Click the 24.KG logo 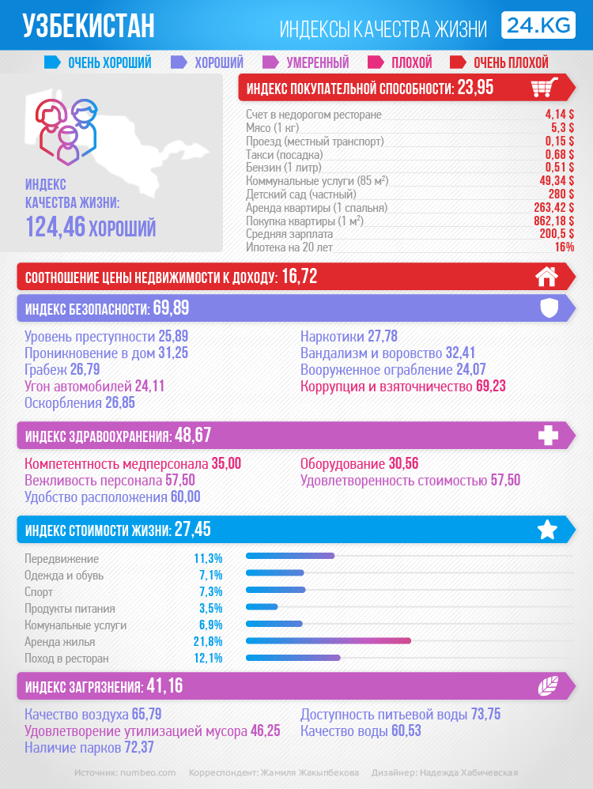click(538, 25)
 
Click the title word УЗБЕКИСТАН click(89, 27)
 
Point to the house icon click(546, 277)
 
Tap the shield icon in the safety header click(549, 308)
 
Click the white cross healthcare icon click(548, 436)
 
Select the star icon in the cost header click(547, 530)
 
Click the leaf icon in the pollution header click(548, 685)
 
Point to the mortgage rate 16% click(564, 247)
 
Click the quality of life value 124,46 click(55, 228)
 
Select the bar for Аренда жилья click(329, 641)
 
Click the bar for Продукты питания click(263, 607)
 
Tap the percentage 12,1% click(208, 658)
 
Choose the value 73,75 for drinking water click(485, 715)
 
